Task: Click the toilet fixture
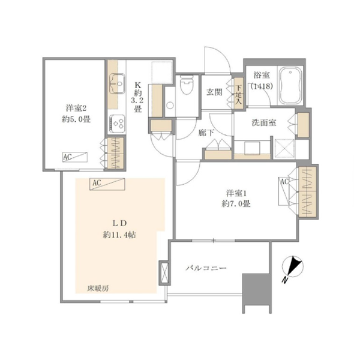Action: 186,85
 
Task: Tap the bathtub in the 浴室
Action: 290,85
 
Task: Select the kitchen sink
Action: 117,83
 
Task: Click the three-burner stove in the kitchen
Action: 118,124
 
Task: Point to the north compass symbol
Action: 292,268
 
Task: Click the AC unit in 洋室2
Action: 75,157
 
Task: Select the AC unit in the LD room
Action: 107,184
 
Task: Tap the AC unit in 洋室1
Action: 284,191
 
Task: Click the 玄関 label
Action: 214,92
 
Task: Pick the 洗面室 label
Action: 264,123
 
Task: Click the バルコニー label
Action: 206,268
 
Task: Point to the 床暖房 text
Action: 98,289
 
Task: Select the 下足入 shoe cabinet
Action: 239,94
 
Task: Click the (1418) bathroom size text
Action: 262,86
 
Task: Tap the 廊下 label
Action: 206,133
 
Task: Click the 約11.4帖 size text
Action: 119,235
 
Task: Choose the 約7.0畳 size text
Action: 236,203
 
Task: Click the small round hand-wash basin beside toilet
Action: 170,106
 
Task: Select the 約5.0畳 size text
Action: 76,119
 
